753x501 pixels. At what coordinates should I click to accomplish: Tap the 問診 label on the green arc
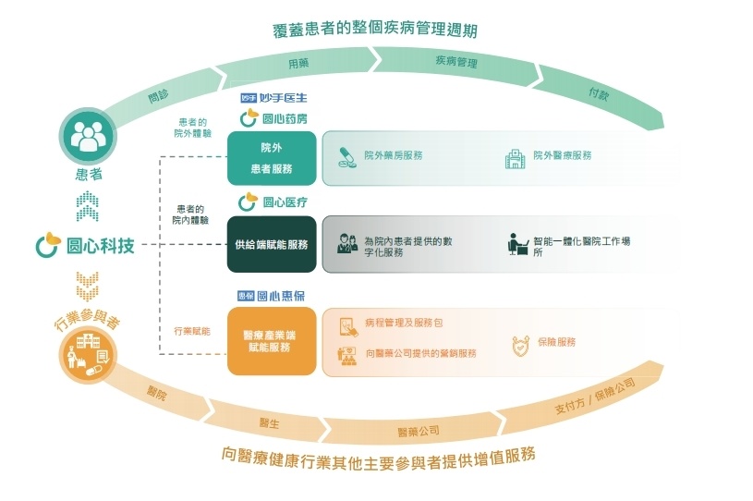tap(158, 95)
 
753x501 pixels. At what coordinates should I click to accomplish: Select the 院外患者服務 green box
tap(272, 158)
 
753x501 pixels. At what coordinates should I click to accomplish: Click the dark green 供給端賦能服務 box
tap(272, 245)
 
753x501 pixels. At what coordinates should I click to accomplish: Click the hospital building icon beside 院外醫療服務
tap(515, 157)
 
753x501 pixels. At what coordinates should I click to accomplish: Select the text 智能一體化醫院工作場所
tap(581, 246)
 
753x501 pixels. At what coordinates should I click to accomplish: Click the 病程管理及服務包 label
tap(404, 324)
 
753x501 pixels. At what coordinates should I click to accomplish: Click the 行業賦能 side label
tap(191, 330)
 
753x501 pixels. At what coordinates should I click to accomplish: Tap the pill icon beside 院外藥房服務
tap(346, 156)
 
